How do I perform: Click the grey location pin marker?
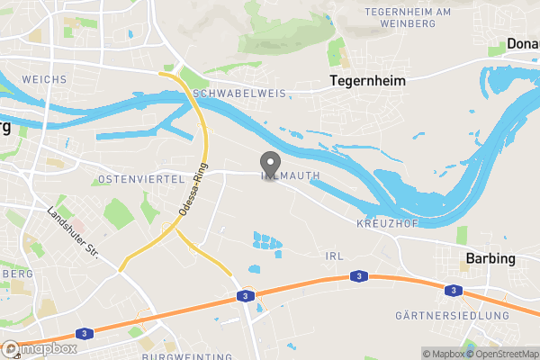pyautogui.click(x=269, y=164)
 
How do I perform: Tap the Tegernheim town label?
pyautogui.click(x=366, y=81)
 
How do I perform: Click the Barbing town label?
pyautogui.click(x=490, y=259)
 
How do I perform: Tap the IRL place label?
pyautogui.click(x=334, y=256)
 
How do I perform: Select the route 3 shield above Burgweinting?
pyautogui.click(x=245, y=295)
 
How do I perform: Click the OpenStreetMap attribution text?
pyautogui.click(x=502, y=353)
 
